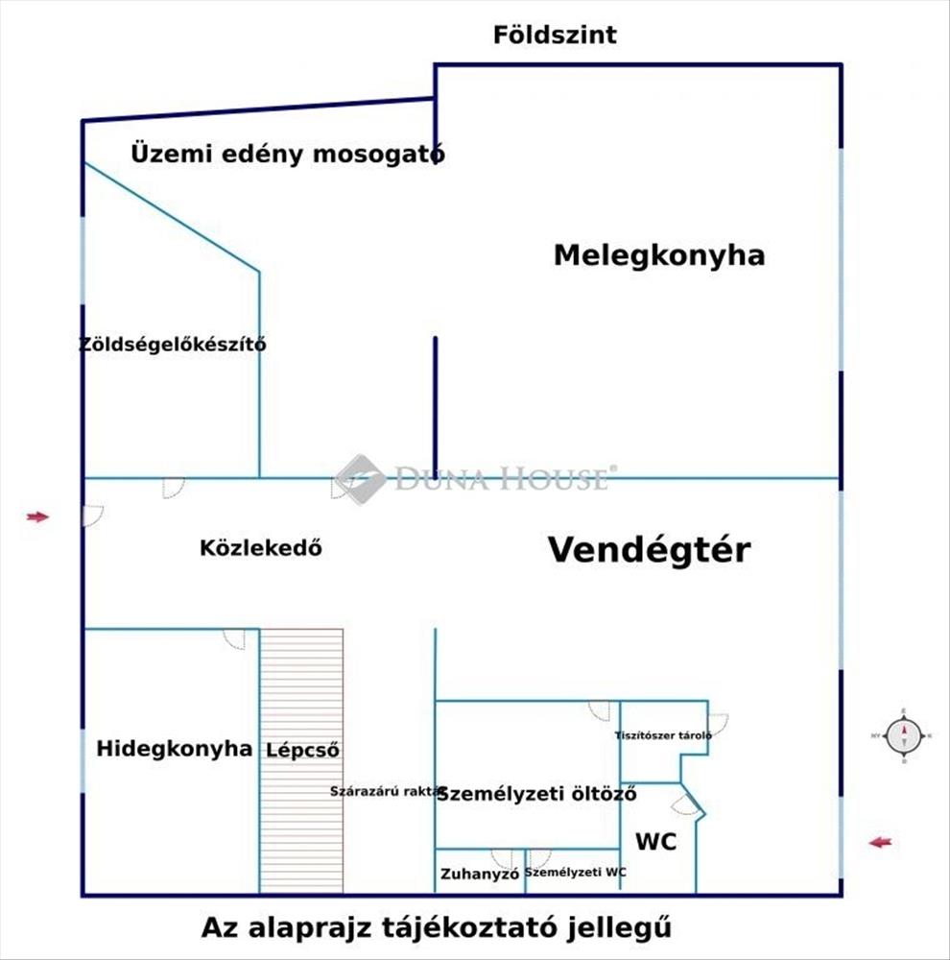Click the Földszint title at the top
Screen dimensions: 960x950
pos(555,36)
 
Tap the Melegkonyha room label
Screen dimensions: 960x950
pos(659,255)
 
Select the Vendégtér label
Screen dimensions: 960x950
pos(649,550)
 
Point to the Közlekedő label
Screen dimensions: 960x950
pos(260,549)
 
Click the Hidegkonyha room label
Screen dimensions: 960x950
pos(175,749)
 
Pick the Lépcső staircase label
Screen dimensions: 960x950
pos(303,750)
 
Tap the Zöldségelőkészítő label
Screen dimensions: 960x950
pos(173,345)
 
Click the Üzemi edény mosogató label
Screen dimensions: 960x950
pos(287,154)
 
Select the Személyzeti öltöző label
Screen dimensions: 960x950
pos(537,794)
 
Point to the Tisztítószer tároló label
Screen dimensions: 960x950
pos(663,736)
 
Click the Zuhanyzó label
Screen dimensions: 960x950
pos(480,875)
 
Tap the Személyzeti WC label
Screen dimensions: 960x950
pos(576,873)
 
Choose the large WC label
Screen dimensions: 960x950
pos(656,842)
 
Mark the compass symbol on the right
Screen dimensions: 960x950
pos(903,736)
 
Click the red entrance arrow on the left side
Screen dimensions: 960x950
pos(37,516)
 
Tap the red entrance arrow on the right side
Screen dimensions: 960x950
pos(880,843)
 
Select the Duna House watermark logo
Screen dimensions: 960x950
pos(361,479)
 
